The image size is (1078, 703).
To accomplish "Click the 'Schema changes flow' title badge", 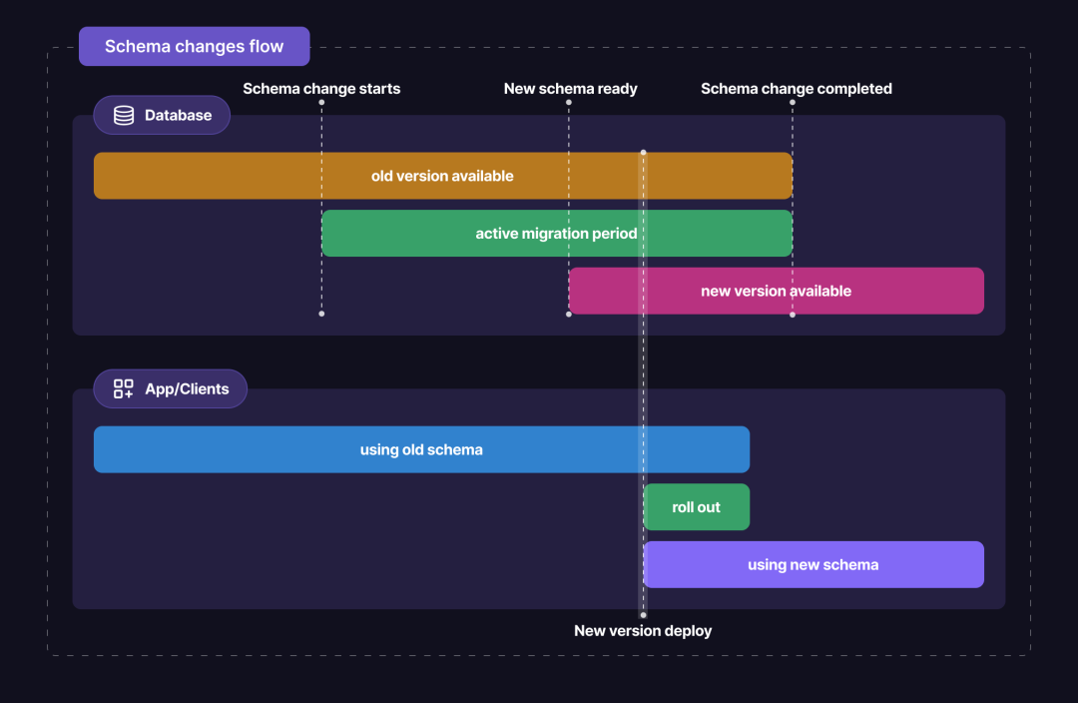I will (195, 47).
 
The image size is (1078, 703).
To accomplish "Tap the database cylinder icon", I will (124, 116).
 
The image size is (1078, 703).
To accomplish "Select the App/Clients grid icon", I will (124, 389).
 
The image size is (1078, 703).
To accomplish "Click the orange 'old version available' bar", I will (442, 176).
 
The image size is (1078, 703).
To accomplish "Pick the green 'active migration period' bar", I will (556, 234).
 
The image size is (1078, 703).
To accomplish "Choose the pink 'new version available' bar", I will (776, 291).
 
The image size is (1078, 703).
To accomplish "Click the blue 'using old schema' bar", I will (421, 449).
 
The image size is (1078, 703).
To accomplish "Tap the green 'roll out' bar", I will (696, 507).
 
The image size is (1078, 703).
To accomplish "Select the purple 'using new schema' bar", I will (812, 565).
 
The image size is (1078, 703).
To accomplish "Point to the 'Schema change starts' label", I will (321, 89).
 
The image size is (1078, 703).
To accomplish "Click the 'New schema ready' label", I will (570, 89).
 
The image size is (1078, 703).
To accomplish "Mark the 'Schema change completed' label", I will (796, 89).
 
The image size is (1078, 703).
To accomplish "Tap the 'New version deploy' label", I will (643, 631).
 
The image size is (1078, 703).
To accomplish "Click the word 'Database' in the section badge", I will (178, 116).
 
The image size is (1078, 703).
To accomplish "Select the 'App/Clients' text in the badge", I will (187, 389).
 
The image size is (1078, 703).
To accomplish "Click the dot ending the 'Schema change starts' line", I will (321, 314).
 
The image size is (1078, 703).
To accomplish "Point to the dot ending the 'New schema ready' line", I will (569, 314).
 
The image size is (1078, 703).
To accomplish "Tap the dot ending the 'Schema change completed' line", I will (793, 314).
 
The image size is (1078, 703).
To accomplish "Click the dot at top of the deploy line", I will (643, 152).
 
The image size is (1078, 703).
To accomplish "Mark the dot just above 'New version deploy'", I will (643, 615).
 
